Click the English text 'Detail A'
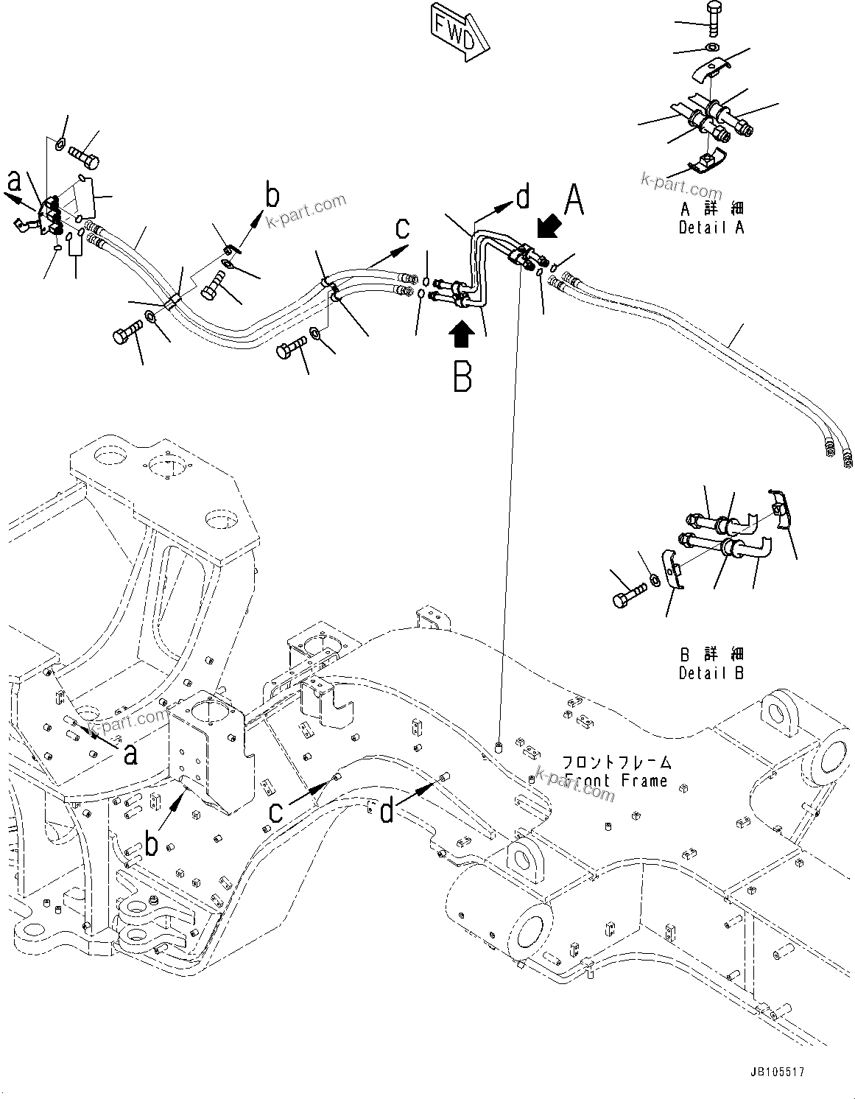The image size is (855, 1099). point(711,228)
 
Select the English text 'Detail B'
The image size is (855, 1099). point(711,673)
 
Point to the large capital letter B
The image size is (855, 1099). point(462,377)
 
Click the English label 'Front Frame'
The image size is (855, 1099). point(616,780)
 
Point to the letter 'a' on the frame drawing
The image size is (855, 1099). point(130,754)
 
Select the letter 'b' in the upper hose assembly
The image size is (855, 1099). point(272,196)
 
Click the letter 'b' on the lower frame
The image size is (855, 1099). point(151,845)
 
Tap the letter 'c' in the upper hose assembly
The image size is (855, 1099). point(402,228)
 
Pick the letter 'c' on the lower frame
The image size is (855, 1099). point(275,812)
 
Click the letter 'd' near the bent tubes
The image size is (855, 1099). point(522,197)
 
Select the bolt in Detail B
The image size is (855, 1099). point(622,597)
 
